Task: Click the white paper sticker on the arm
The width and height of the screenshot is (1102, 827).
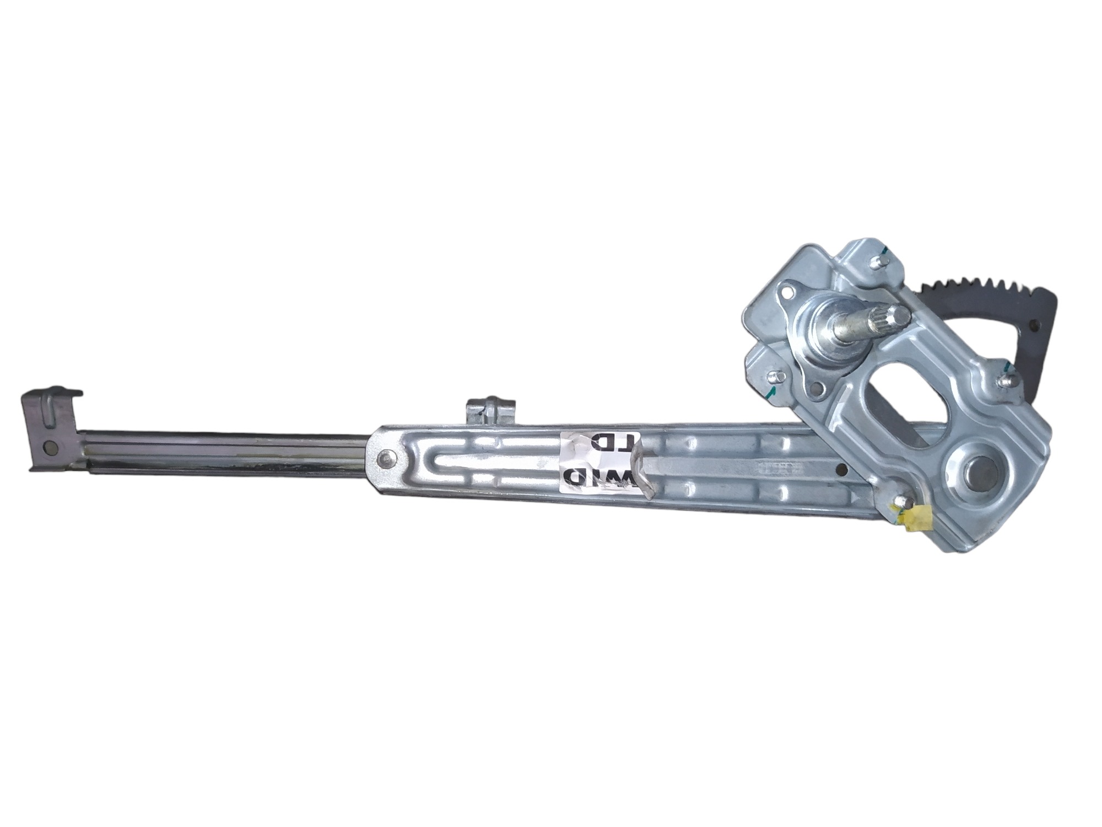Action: point(601,462)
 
